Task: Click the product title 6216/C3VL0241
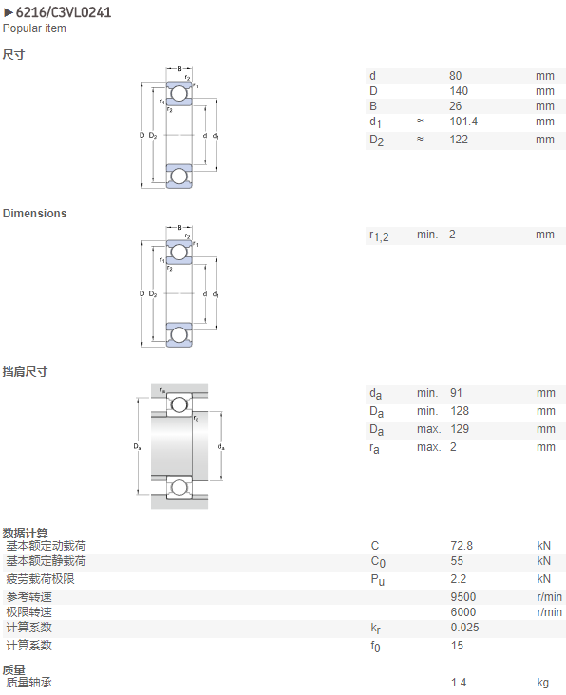(64, 12)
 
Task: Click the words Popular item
(34, 28)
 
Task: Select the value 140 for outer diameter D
(459, 91)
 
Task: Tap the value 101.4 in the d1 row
(463, 121)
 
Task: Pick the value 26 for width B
(455, 106)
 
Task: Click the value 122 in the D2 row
(459, 140)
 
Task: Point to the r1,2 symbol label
(379, 235)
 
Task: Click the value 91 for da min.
(456, 393)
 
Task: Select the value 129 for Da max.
(460, 429)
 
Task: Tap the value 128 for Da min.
(460, 411)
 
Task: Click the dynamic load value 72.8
(462, 546)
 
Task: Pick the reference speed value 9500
(463, 597)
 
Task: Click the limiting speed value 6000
(463, 612)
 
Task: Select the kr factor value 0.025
(464, 628)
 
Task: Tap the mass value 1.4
(459, 682)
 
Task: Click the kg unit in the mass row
(542, 683)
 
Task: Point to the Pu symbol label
(378, 580)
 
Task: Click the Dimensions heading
(34, 214)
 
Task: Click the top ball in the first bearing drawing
(179, 94)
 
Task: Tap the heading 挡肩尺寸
(25, 371)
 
